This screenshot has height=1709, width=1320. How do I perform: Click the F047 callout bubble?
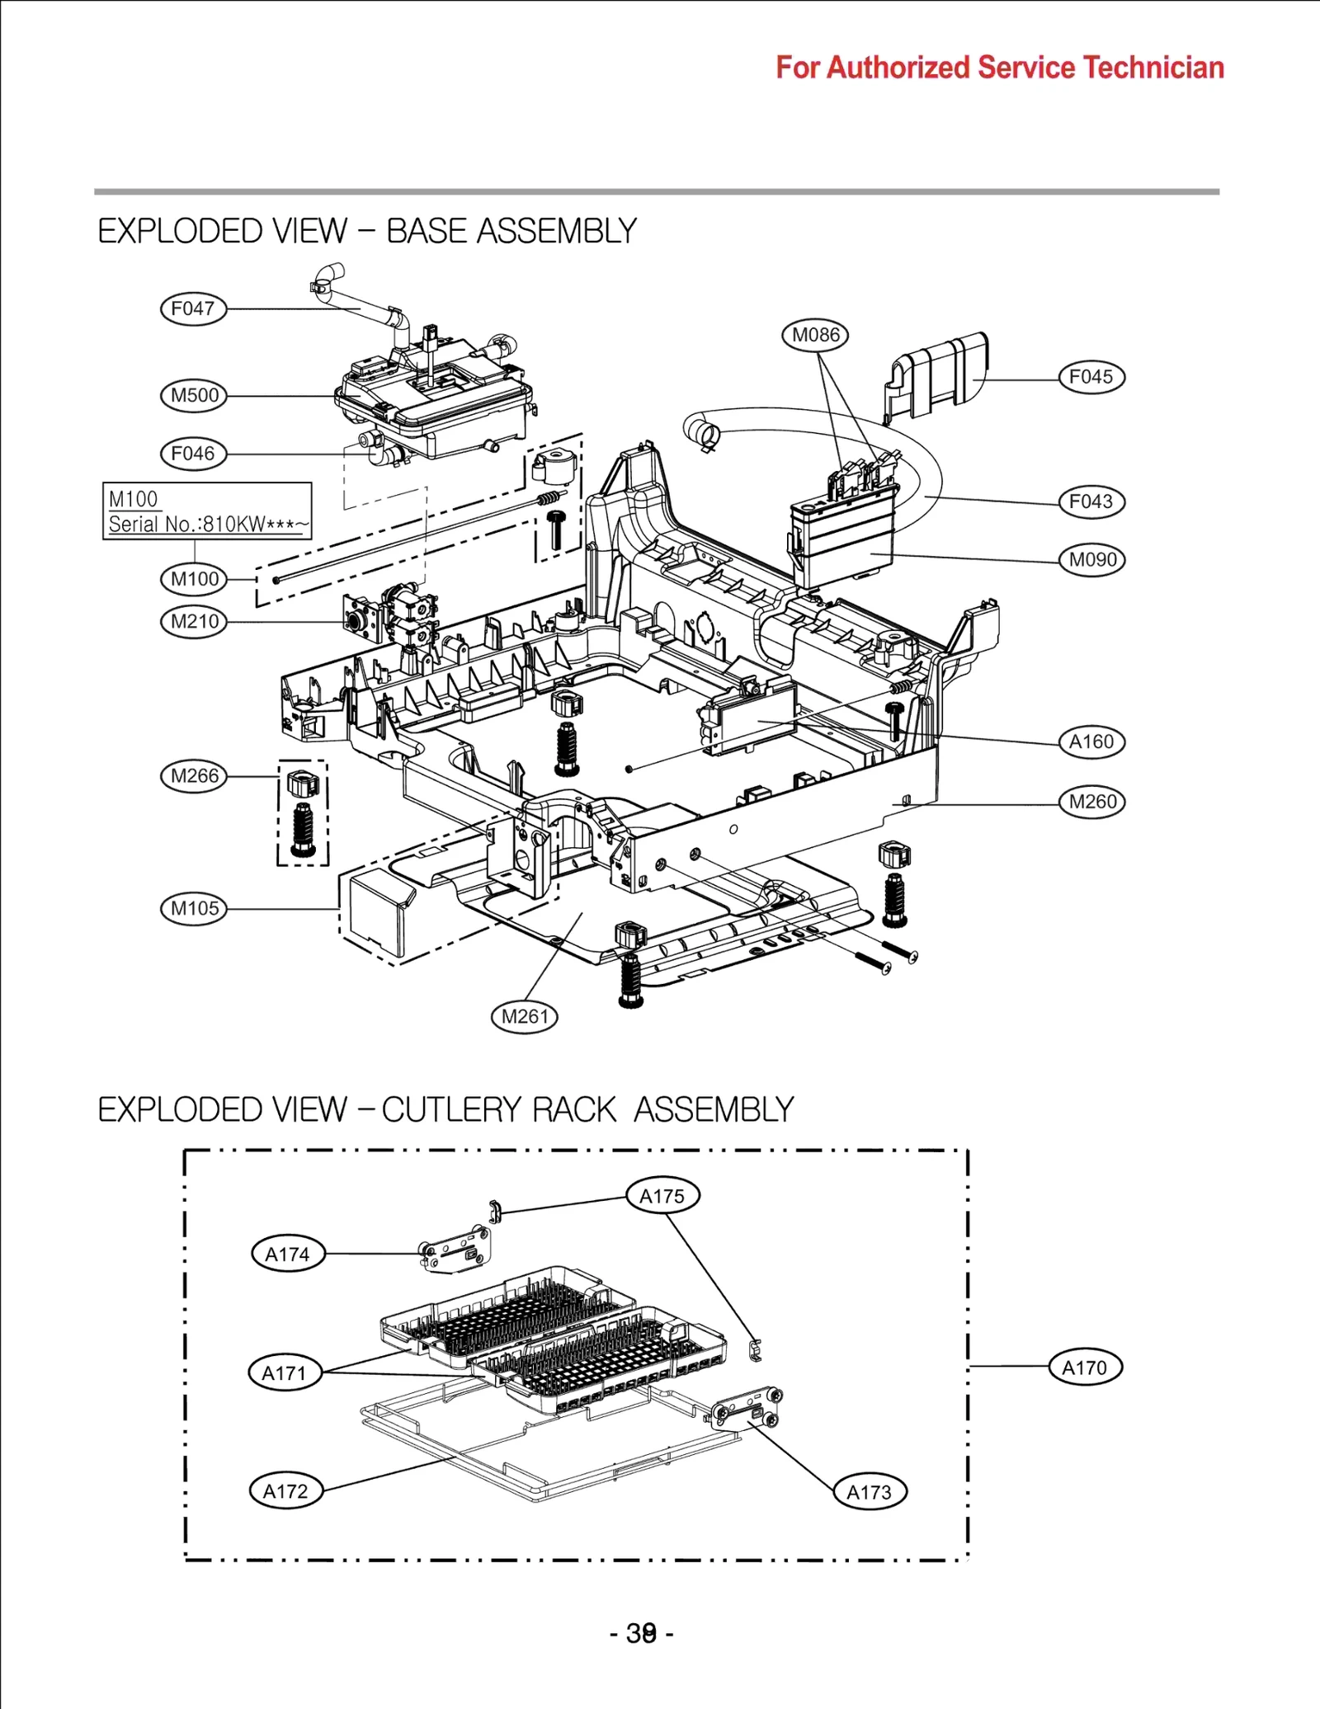[193, 309]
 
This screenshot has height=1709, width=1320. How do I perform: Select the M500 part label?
[193, 395]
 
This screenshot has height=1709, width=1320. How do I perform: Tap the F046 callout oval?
[193, 454]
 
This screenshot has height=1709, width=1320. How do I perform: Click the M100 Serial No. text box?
[207, 511]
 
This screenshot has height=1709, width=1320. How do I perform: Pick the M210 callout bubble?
[193, 621]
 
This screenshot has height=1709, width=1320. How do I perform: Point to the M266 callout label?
[193, 776]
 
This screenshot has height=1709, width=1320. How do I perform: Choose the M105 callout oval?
[193, 908]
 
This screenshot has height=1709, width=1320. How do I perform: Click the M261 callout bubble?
[525, 1016]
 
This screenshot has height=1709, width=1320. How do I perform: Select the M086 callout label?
[815, 335]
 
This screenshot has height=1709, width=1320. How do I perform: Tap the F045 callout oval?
[1091, 377]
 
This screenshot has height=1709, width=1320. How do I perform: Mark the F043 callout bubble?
[1091, 501]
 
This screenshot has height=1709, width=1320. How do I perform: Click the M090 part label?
[1091, 560]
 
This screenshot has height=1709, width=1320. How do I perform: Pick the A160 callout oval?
[1091, 742]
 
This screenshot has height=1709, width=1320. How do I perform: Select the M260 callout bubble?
[1091, 802]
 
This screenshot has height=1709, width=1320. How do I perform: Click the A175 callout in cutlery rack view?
[662, 1195]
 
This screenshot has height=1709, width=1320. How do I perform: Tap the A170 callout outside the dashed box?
[1085, 1368]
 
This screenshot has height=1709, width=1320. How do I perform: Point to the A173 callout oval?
[870, 1491]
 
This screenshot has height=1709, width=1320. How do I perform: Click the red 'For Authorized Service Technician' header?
[1000, 68]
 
